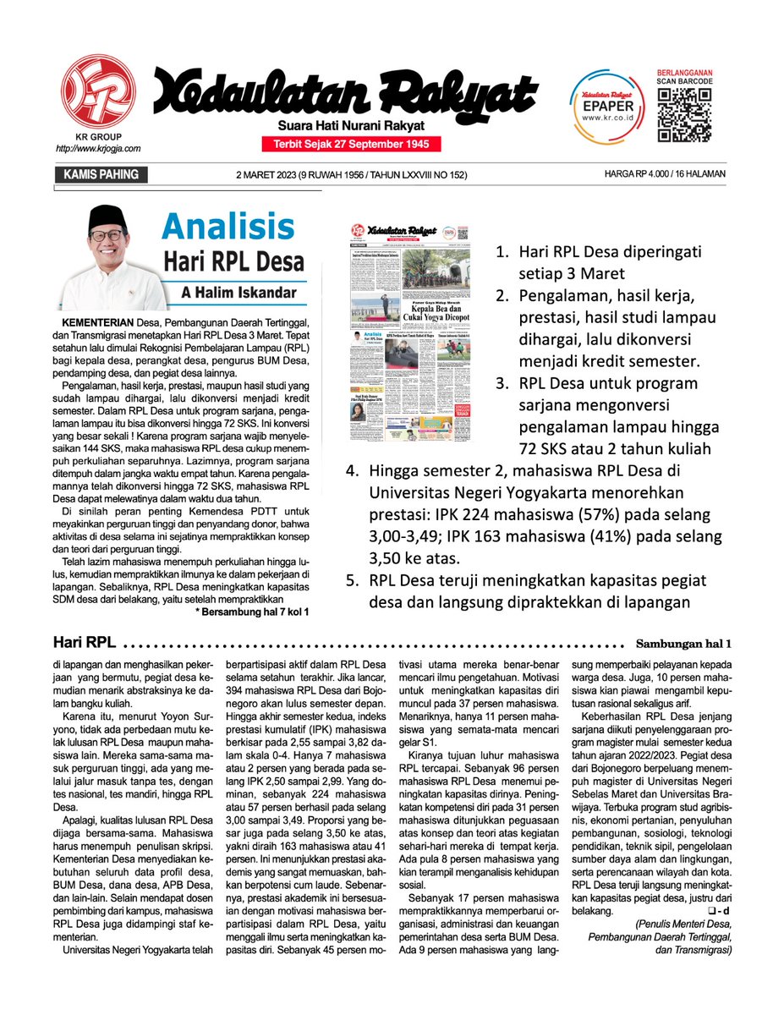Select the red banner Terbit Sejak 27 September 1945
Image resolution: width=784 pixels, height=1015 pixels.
[x=351, y=145]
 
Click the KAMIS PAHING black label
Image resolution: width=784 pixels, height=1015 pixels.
[x=101, y=175]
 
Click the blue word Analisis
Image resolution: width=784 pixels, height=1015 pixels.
[x=228, y=227]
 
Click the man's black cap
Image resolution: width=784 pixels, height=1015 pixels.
[x=107, y=219]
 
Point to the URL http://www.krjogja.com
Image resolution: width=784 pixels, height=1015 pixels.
[x=98, y=148]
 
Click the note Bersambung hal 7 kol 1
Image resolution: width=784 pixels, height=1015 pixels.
[x=252, y=611]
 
